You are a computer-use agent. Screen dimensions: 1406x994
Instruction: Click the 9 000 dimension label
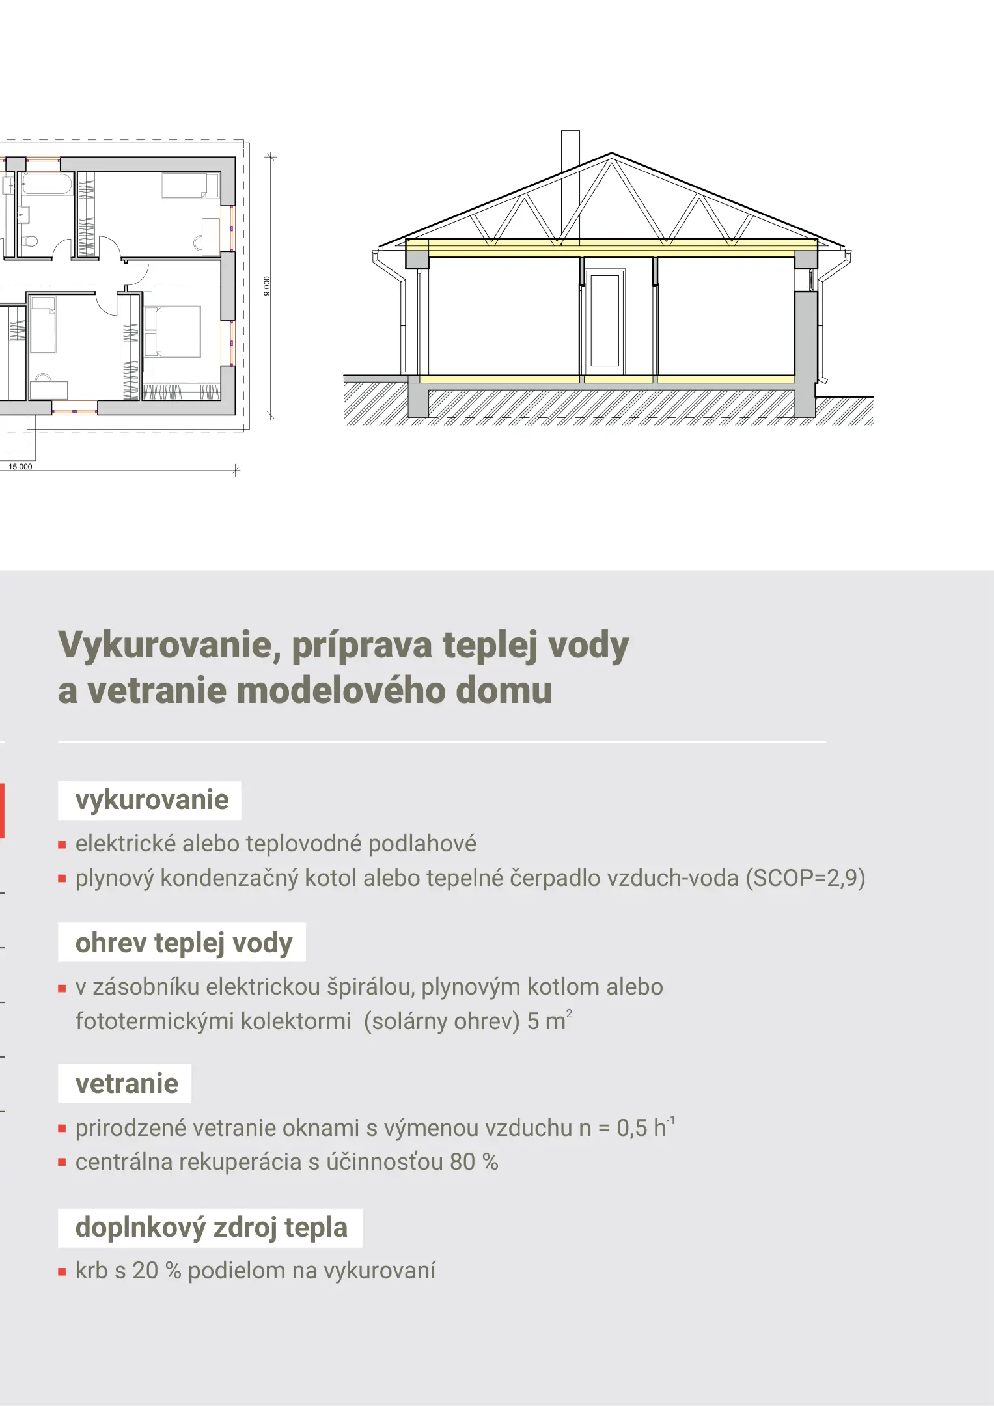pyautogui.click(x=266, y=286)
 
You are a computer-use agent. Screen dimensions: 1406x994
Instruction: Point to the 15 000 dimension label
pyautogui.click(x=20, y=467)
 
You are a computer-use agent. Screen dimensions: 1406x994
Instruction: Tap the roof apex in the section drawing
pyautogui.click(x=611, y=154)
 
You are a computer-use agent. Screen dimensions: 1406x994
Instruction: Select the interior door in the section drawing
pyautogui.click(x=605, y=320)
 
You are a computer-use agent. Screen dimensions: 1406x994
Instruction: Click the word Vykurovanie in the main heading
pyautogui.click(x=165, y=645)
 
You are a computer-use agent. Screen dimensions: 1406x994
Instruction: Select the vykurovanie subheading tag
pyautogui.click(x=150, y=800)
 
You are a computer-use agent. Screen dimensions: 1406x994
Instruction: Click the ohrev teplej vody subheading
pyautogui.click(x=183, y=943)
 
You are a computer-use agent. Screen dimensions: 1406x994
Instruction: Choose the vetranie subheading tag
pyautogui.click(x=126, y=1084)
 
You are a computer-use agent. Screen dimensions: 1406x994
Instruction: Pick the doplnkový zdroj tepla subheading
pyautogui.click(x=210, y=1228)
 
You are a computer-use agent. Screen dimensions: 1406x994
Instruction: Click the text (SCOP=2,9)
pyautogui.click(x=805, y=878)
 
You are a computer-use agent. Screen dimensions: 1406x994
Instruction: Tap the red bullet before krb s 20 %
pyautogui.click(x=62, y=1271)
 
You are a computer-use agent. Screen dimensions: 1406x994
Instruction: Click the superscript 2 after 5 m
pyautogui.click(x=569, y=1013)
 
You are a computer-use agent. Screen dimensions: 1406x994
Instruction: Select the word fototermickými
pyautogui.click(x=154, y=1021)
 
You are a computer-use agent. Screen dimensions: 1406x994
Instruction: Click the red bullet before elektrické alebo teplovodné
pyautogui.click(x=62, y=845)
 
